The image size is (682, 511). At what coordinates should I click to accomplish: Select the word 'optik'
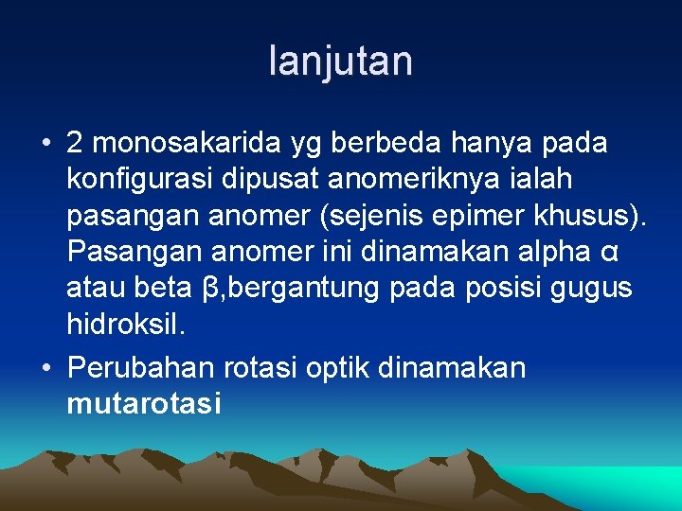point(340,367)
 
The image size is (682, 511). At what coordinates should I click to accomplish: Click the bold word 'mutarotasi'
point(143,404)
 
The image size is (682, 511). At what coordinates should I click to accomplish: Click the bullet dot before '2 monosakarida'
point(45,144)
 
